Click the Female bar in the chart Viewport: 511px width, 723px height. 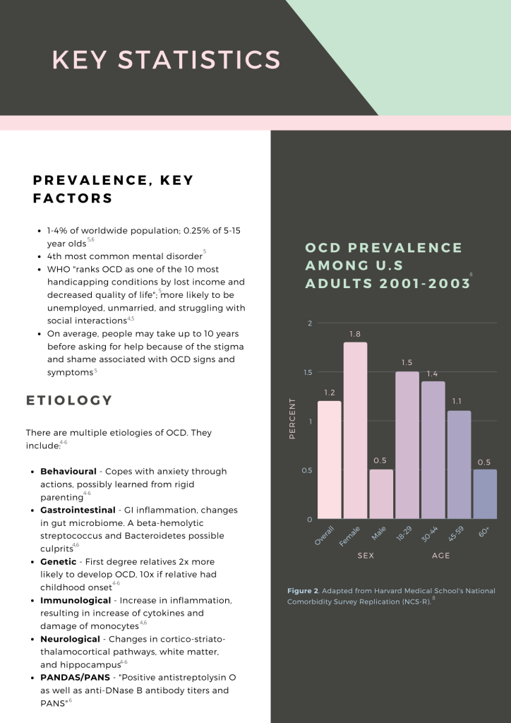(355, 431)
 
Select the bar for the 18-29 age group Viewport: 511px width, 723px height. (407, 445)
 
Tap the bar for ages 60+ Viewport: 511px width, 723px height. (485, 494)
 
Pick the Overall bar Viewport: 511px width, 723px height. (329, 460)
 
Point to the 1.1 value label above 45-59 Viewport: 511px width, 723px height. (458, 401)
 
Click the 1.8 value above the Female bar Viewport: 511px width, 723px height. (355, 333)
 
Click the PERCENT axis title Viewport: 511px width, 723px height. (293, 419)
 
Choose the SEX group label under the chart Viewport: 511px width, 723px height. (366, 556)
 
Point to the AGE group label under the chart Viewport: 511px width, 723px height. (440, 556)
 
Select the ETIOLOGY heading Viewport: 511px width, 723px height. (69, 400)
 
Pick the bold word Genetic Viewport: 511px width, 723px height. (58, 561)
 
